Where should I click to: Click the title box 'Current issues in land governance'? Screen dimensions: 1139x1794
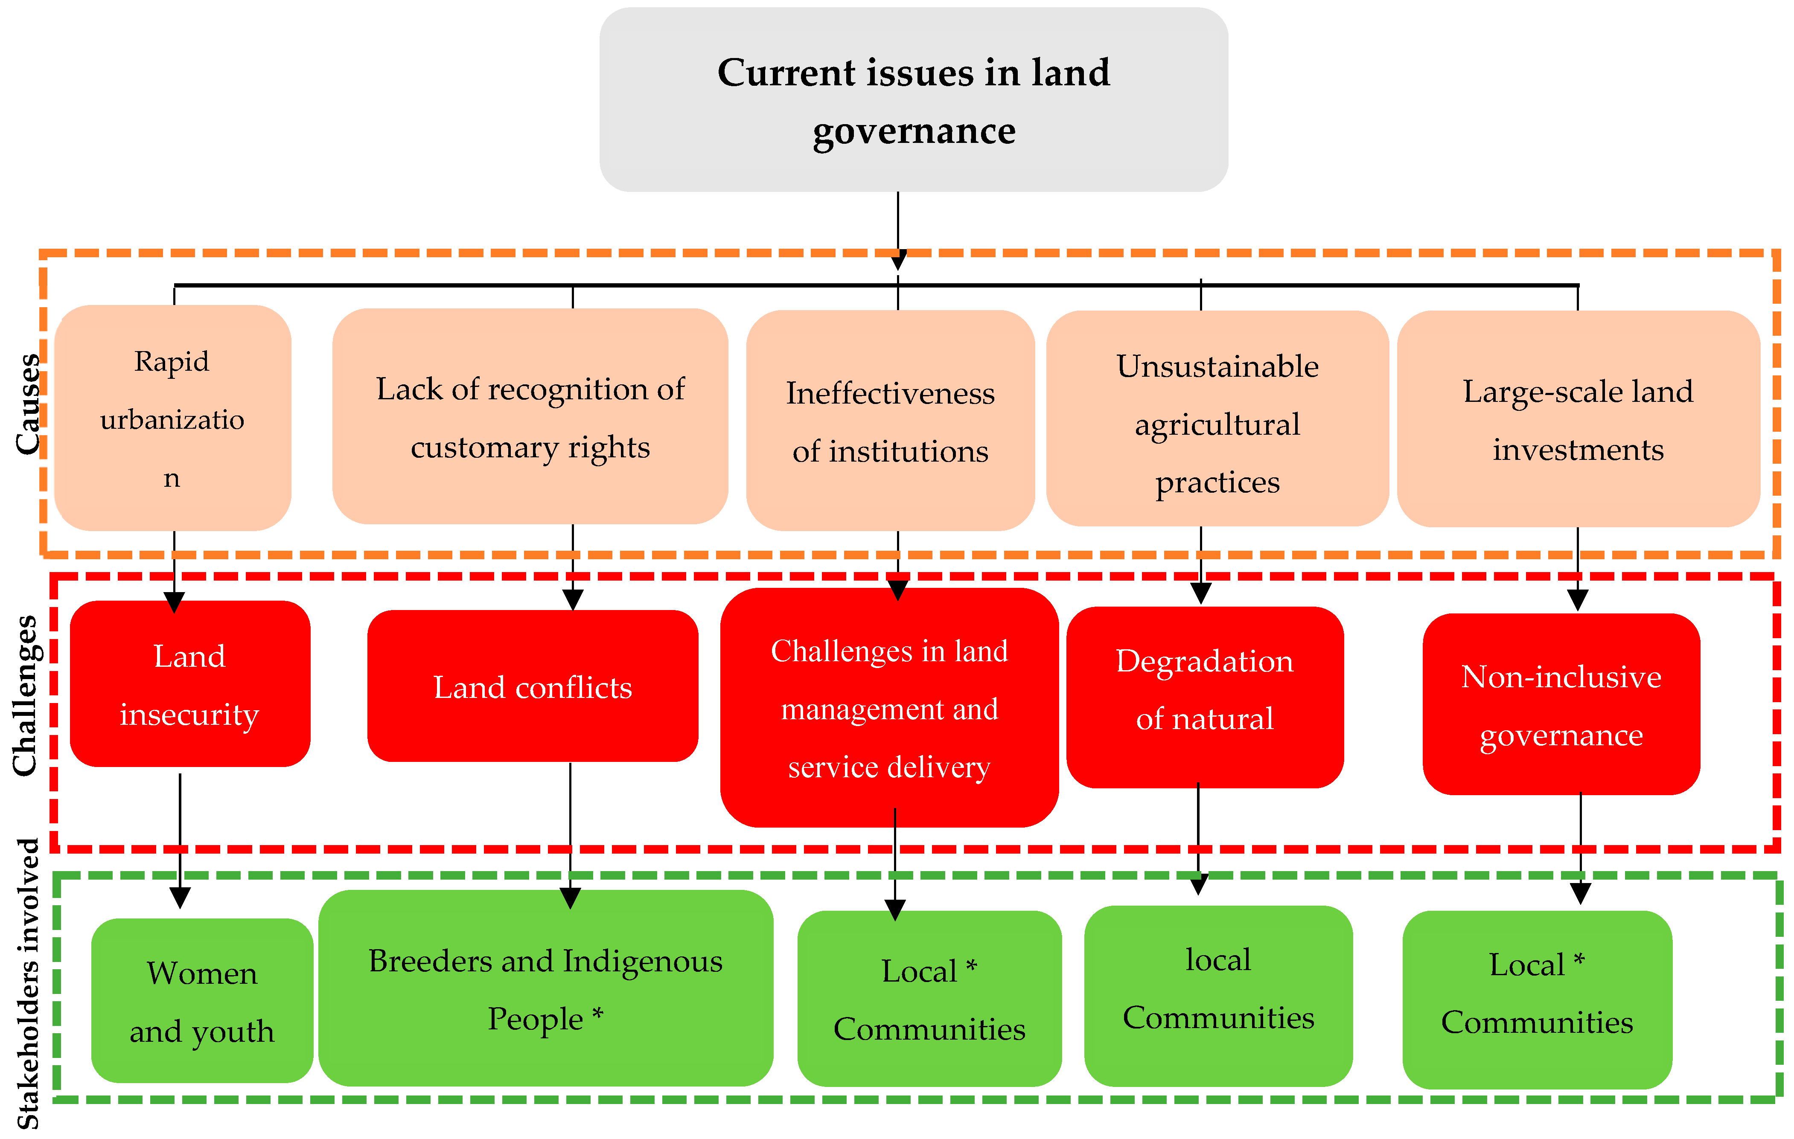coord(913,100)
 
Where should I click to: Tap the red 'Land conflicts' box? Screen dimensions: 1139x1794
coord(532,686)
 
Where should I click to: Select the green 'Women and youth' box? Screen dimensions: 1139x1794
coord(202,1000)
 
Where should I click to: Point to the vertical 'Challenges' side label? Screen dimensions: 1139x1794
coord(25,695)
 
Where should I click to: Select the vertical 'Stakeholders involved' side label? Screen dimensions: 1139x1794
coord(28,983)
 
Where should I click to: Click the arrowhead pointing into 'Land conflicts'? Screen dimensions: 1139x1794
coord(572,600)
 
